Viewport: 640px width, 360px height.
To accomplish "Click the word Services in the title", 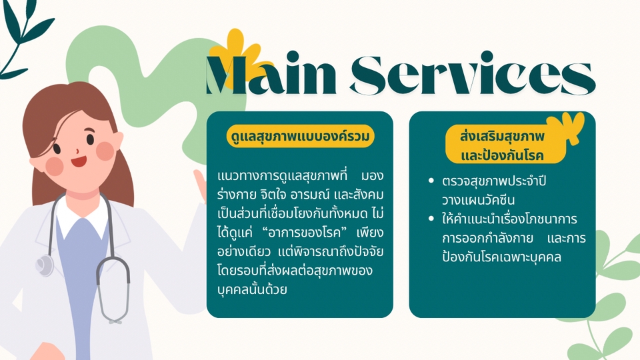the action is coord(473,73).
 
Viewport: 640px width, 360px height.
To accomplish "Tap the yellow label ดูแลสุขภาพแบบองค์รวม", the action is coord(300,136).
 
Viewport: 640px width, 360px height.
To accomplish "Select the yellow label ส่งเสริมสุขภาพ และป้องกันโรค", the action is coord(505,145).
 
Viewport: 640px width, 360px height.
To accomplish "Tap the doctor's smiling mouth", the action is coord(79,161).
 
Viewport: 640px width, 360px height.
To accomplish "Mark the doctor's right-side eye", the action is coord(90,139).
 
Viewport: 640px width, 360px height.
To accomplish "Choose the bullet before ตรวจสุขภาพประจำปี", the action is coord(431,181).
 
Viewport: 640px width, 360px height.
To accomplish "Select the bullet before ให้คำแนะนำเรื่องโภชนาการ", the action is coord(431,219).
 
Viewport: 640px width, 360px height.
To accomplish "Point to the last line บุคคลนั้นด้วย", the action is coord(252,289).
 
